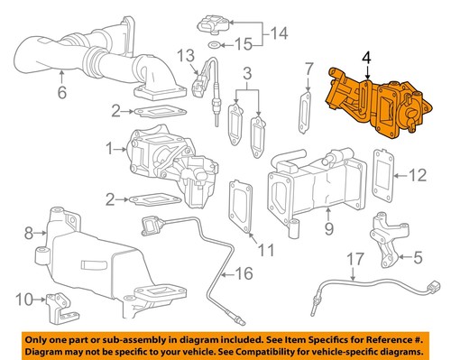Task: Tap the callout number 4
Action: pyautogui.click(x=366, y=56)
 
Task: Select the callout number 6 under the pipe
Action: pyautogui.click(x=61, y=92)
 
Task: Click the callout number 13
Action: pyautogui.click(x=185, y=56)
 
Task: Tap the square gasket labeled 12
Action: pyautogui.click(x=382, y=175)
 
